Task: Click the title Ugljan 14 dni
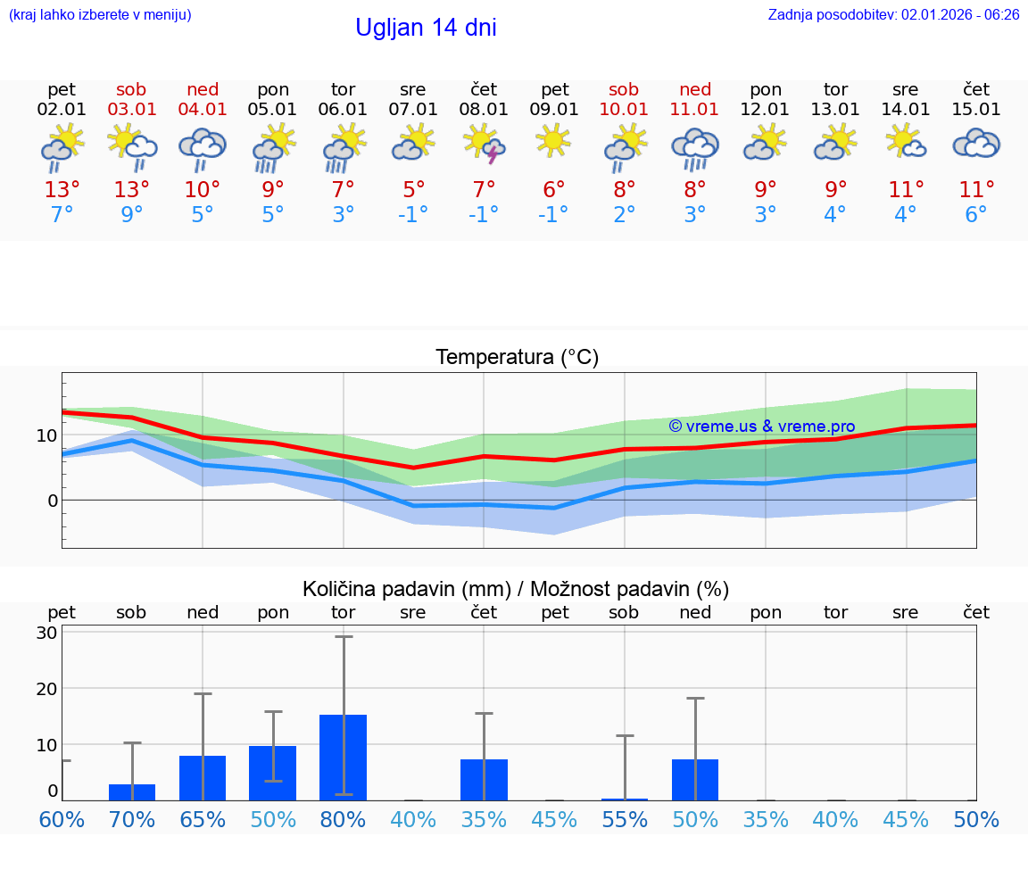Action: click(x=426, y=28)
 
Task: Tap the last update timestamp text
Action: click(x=893, y=15)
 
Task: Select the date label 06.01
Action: click(x=343, y=110)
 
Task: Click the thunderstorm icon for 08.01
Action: click(x=484, y=145)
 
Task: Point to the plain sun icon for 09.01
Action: click(x=553, y=140)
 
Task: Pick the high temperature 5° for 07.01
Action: click(x=413, y=190)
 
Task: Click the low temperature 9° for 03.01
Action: click(x=132, y=215)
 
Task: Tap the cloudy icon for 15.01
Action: click(x=976, y=144)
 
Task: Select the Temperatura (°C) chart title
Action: click(x=517, y=358)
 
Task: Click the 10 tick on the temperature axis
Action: click(x=47, y=435)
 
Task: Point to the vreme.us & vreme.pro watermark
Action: click(x=762, y=427)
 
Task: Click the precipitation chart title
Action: click(x=516, y=589)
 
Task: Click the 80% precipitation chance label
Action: click(x=344, y=820)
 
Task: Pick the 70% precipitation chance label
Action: click(x=132, y=820)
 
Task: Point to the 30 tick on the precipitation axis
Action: click(x=47, y=633)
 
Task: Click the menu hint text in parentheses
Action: click(x=100, y=15)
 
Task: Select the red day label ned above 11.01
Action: click(x=695, y=89)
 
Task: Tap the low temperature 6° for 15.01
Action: click(x=976, y=215)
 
